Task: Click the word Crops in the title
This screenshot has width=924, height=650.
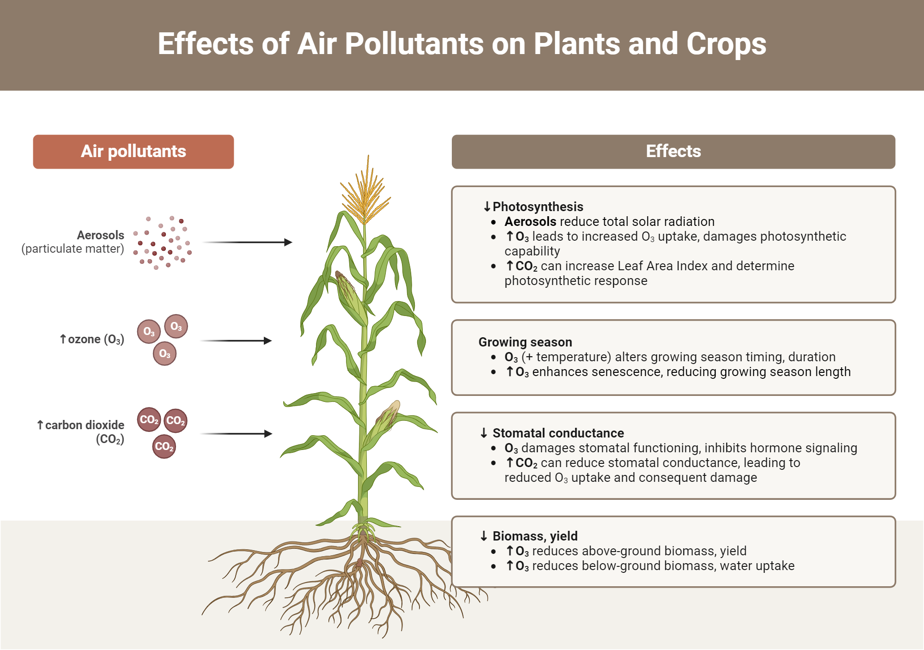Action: [726, 44]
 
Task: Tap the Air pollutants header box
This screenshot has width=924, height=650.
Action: [134, 152]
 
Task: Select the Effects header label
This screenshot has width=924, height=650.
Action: [673, 152]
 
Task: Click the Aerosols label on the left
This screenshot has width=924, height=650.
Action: [100, 235]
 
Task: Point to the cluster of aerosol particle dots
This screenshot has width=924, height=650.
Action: [162, 243]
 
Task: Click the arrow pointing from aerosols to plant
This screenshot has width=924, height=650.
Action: [247, 242]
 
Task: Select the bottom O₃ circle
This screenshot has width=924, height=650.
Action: [164, 354]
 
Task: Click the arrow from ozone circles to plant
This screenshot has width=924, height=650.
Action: [236, 340]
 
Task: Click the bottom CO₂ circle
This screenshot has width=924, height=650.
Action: [164, 447]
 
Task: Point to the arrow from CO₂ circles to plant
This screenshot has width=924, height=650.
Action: [236, 433]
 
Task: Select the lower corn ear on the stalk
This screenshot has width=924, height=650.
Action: [386, 420]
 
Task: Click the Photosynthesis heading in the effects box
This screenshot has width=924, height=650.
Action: [538, 207]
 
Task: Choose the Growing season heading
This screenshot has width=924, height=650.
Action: [525, 342]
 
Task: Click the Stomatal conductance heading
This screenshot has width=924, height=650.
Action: [558, 433]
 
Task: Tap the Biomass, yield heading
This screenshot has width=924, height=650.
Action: [535, 536]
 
